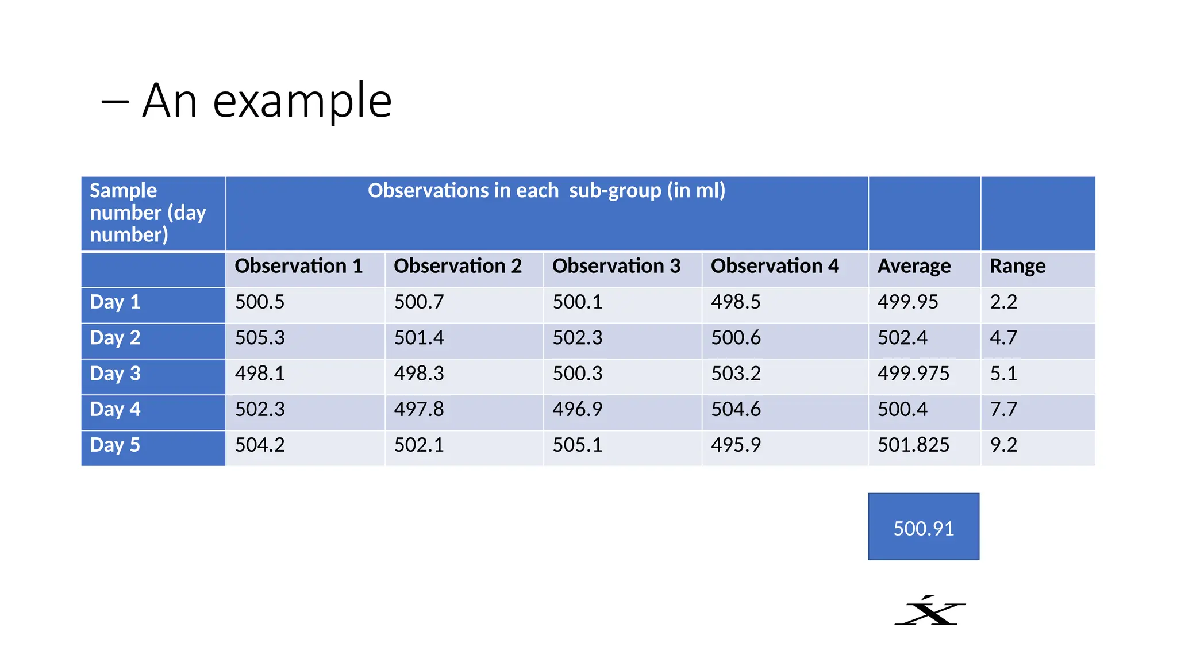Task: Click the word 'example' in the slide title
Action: (302, 102)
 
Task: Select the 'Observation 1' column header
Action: (298, 266)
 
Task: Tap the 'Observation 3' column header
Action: (616, 266)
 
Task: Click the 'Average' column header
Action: (914, 266)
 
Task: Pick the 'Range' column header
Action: (1017, 266)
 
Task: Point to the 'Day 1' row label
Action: (115, 302)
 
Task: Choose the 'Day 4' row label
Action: (115, 409)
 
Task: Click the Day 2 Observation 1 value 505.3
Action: (260, 338)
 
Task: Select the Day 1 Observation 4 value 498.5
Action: (736, 302)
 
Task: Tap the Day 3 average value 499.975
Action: (913, 374)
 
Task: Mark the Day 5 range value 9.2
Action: (1003, 445)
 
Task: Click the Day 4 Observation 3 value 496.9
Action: (578, 409)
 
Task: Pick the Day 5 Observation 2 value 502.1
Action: (419, 445)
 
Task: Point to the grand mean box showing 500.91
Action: (924, 528)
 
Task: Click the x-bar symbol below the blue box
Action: (930, 611)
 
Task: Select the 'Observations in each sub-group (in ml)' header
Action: (547, 191)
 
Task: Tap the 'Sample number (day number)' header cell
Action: (148, 213)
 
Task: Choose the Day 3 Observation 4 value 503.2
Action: (736, 374)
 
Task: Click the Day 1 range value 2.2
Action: (1003, 302)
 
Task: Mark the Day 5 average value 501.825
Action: (913, 445)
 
